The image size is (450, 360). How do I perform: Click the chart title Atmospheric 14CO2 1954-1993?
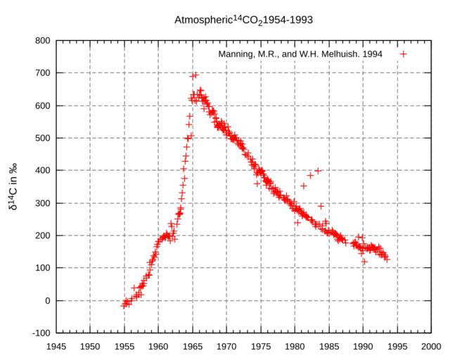coord(243,20)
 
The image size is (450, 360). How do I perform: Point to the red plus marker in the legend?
coord(404,54)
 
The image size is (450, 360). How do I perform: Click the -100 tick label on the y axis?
coord(39,333)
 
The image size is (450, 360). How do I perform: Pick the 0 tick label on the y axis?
coord(46,300)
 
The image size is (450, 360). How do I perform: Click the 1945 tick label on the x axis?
coord(56,346)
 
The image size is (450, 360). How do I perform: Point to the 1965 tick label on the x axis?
coord(193,346)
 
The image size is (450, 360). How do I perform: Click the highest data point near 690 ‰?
coord(195,75)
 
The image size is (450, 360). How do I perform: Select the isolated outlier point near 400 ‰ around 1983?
coord(319,170)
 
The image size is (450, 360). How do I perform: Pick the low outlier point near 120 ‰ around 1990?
coord(364,262)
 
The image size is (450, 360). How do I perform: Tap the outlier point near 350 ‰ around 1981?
coord(304,186)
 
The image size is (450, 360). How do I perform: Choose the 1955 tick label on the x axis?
coord(124,346)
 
